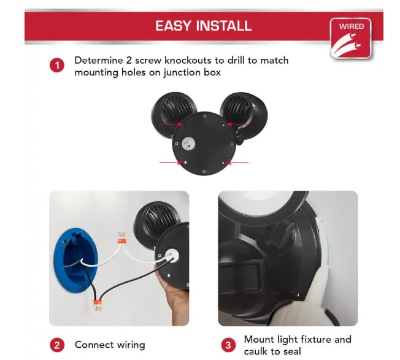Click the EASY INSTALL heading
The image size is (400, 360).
coord(204,26)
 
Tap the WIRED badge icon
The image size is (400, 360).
coord(350,39)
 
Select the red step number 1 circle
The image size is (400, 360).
coord(57,66)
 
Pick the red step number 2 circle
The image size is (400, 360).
coord(57,345)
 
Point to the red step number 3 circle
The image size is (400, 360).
coord(228,345)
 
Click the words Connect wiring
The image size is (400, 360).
coord(110,345)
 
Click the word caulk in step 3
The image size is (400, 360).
coord(255,351)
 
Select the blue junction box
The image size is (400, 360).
coord(75,259)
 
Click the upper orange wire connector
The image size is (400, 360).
coord(121,238)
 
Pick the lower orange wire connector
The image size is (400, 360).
coord(98,305)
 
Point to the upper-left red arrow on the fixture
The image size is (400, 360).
coord(171,124)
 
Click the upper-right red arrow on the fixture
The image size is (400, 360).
coord(238,124)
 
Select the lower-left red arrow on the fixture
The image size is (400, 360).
coord(171,162)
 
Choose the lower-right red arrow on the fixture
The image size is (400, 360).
coord(237,163)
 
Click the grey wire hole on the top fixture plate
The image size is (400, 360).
coord(189,144)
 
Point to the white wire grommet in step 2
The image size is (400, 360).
coord(171,256)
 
